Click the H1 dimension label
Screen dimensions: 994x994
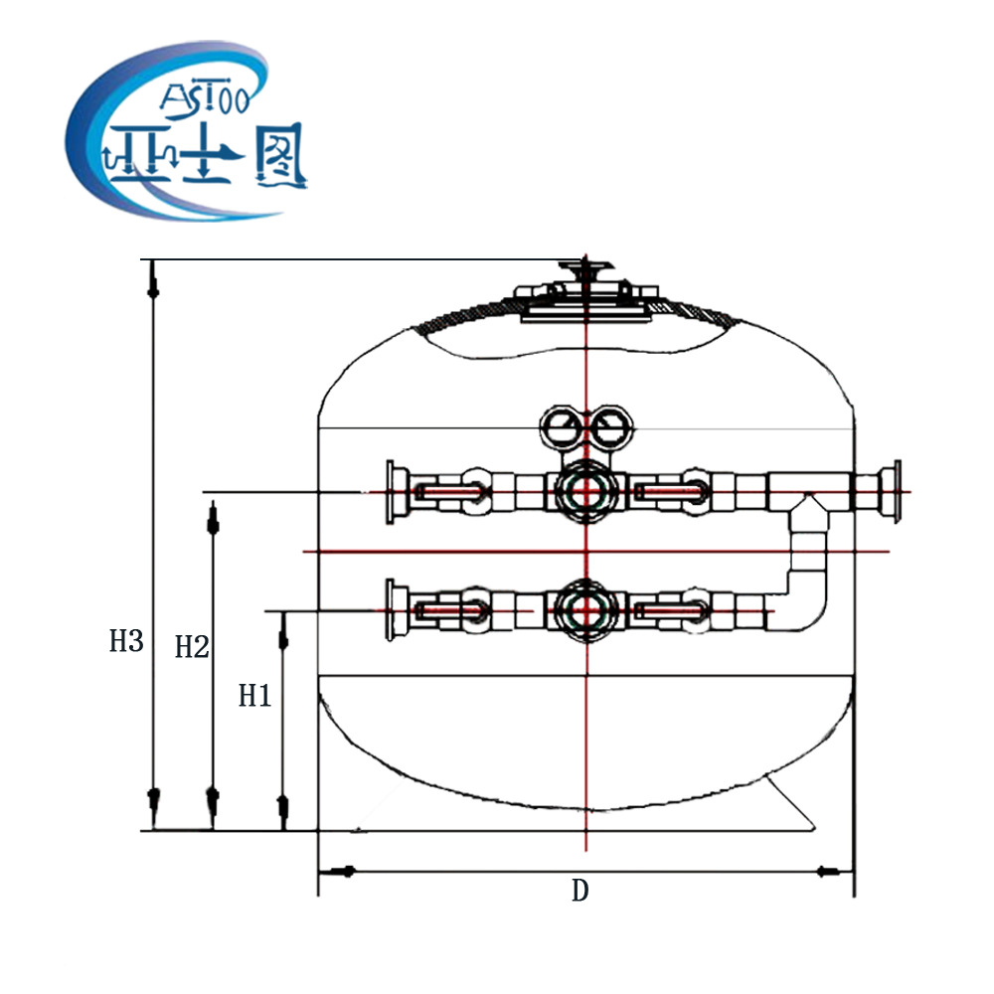coord(254,696)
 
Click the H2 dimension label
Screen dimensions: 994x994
coord(192,647)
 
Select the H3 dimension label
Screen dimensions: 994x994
coord(126,641)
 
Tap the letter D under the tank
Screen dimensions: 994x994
coord(580,891)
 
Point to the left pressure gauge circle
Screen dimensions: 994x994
coord(561,426)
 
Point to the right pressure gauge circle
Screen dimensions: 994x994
coord(611,426)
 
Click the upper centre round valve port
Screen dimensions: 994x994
coord(586,491)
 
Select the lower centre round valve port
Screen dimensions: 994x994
coord(586,610)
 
